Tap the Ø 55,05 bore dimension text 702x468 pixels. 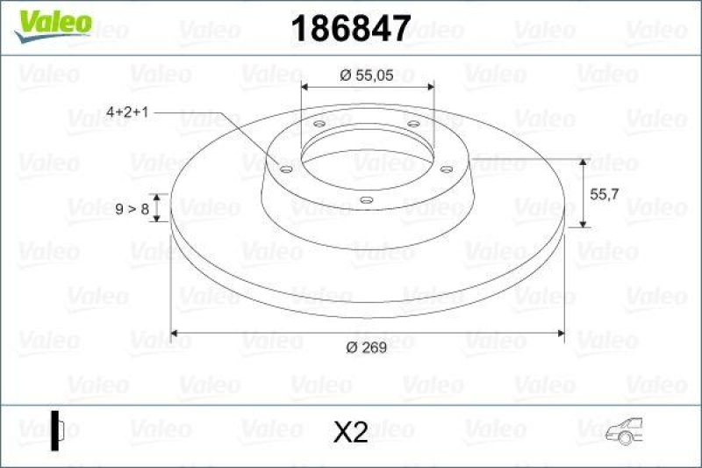[x=368, y=76]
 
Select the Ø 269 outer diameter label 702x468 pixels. [x=368, y=349]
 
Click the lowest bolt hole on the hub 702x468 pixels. [x=366, y=201]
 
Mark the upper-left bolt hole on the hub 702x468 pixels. [x=319, y=126]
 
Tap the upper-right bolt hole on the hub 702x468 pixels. [x=412, y=125]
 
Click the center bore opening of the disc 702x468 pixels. [x=368, y=154]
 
